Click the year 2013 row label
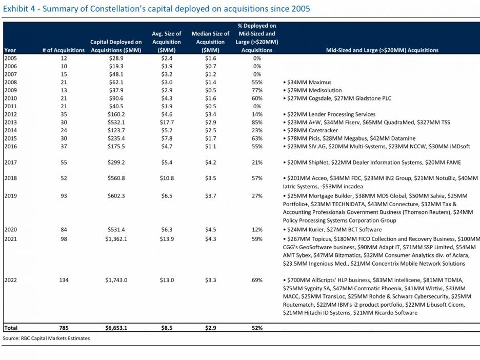pyautogui.click(x=11, y=123)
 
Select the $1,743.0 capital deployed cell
pyautogui.click(x=116, y=280)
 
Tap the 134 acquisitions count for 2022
pyautogui.click(x=64, y=280)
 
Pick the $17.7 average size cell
pyautogui.click(x=167, y=123)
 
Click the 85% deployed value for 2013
pyautogui.click(x=257, y=123)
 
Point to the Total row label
pyautogui.click(x=11, y=328)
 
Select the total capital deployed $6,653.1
pyautogui.click(x=116, y=328)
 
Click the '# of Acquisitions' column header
pyautogui.click(x=64, y=50)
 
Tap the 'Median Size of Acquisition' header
pyautogui.click(x=210, y=42)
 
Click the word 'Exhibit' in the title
pyautogui.click(x=15, y=9)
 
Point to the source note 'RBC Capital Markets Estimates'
pyautogui.click(x=55, y=338)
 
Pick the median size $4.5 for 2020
pyautogui.click(x=211, y=230)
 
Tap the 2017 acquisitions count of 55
pyautogui.click(x=64, y=163)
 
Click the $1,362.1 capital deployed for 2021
pyautogui.click(x=116, y=239)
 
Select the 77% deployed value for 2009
pyautogui.click(x=257, y=90)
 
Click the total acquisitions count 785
pyautogui.click(x=64, y=328)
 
